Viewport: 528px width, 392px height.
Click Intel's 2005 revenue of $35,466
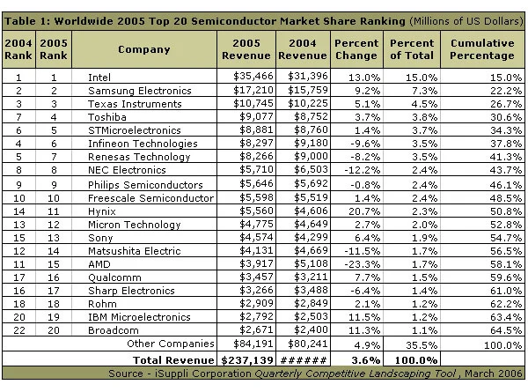(x=253, y=76)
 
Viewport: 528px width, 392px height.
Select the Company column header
(x=144, y=49)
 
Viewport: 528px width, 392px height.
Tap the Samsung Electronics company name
(x=139, y=91)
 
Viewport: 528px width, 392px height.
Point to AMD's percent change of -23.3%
(x=362, y=264)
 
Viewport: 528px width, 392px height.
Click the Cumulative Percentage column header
(x=482, y=49)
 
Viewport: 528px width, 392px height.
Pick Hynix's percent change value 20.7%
(x=364, y=211)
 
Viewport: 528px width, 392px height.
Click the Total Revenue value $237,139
(x=246, y=360)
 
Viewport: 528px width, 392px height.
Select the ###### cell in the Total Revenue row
(x=303, y=360)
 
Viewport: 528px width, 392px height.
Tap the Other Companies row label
(x=171, y=344)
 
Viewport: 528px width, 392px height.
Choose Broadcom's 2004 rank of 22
(x=18, y=330)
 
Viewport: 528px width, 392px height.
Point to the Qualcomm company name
(x=114, y=277)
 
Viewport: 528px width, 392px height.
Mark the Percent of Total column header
(x=412, y=49)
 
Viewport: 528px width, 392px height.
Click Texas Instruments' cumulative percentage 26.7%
(x=506, y=104)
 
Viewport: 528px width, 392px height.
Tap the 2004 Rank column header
(x=18, y=49)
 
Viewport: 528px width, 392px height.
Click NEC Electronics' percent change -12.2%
(x=362, y=170)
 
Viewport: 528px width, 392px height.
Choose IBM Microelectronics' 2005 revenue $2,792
(x=256, y=317)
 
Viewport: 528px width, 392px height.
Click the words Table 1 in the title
(x=27, y=21)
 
